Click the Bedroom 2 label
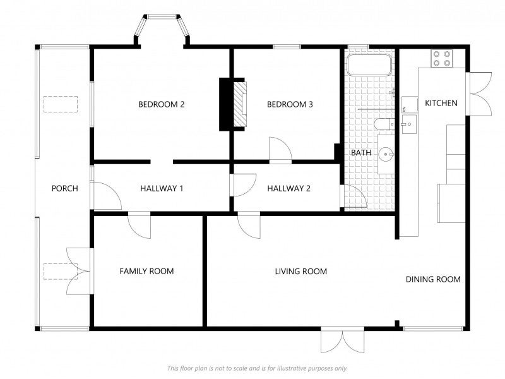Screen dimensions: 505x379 [162, 104]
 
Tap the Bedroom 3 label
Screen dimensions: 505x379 [290, 104]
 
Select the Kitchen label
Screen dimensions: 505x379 [441, 103]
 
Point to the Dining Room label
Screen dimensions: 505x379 [433, 279]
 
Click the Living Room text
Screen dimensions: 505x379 [301, 272]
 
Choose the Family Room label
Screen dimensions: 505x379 [146, 272]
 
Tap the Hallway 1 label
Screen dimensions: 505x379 [162, 188]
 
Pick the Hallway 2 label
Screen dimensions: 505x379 [289, 188]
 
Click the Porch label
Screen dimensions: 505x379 [65, 188]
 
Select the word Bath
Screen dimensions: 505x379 [361, 153]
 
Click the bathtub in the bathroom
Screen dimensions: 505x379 [369, 65]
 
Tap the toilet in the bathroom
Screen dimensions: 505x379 [384, 124]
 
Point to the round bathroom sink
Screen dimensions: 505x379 [386, 154]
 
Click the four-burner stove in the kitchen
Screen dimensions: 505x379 [442, 58]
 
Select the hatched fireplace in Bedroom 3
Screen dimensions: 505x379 [240, 104]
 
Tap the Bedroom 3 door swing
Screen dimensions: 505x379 [280, 148]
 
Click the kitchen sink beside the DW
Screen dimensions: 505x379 [409, 124]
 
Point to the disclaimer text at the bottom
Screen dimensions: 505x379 [258, 368]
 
